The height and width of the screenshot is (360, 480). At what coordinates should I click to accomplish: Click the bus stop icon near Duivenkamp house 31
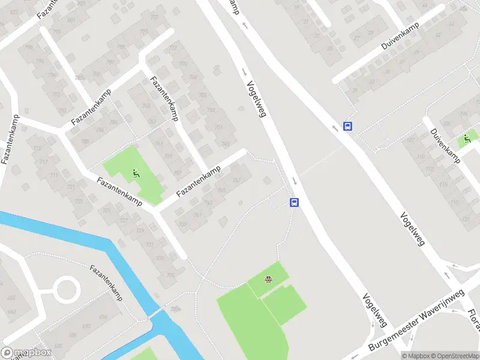point(347,126)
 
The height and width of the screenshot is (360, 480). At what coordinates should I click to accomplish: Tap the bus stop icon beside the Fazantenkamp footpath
point(295,202)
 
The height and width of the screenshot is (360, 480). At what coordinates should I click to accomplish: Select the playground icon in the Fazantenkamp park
point(136,173)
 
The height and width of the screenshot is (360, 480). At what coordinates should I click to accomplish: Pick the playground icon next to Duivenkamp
point(466,139)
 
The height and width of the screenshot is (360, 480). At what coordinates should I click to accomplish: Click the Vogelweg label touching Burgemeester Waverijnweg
point(373,310)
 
